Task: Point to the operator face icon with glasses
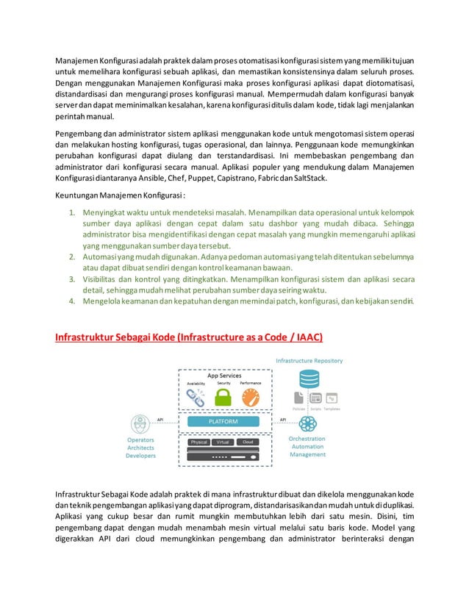coord(139,424)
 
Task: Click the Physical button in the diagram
coord(199,442)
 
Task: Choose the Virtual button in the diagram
coord(223,442)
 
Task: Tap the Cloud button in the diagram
coord(248,442)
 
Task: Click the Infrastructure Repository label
coord(309,361)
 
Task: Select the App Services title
coord(223,376)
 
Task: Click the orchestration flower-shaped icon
coord(307,424)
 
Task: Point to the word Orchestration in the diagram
coord(307,439)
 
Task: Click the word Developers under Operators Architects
coord(140,456)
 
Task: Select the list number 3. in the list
coord(73,279)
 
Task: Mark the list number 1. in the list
coord(73,213)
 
